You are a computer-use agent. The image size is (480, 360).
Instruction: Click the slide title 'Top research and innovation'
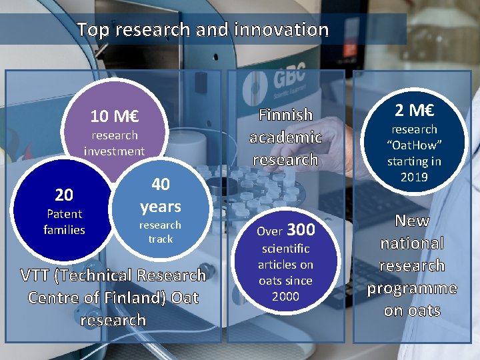click(x=203, y=30)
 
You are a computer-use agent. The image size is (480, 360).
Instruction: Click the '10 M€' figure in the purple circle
click(x=114, y=117)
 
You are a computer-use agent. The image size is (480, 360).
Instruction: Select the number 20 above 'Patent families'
click(x=64, y=195)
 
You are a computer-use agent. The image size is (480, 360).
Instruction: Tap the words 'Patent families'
click(x=64, y=222)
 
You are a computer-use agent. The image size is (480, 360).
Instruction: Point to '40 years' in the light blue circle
click(x=161, y=195)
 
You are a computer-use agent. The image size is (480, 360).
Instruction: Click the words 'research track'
click(x=160, y=232)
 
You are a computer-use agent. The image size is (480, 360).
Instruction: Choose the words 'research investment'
click(x=114, y=143)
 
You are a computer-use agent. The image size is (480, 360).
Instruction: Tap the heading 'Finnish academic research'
click(x=285, y=137)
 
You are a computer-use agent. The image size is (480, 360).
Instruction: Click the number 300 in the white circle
click(x=301, y=230)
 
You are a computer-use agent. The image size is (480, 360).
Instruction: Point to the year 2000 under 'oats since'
click(x=285, y=297)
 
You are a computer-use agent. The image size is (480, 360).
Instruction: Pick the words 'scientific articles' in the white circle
click(x=285, y=257)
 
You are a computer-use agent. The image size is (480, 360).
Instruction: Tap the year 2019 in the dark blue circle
click(x=414, y=177)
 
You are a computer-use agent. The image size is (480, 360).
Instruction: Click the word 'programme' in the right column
click(x=412, y=288)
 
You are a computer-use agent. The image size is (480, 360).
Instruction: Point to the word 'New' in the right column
click(x=412, y=221)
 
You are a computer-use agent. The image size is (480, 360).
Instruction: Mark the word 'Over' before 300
click(x=270, y=232)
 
